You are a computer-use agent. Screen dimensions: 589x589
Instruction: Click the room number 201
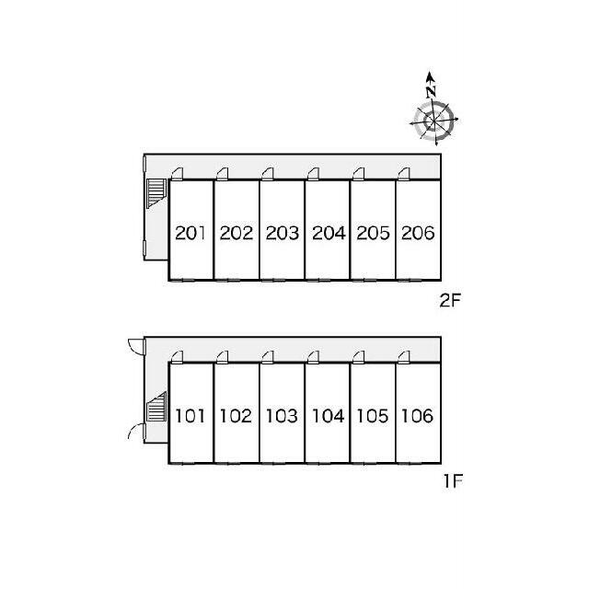coord(190,233)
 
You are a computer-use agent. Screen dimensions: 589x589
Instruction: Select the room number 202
coord(236,233)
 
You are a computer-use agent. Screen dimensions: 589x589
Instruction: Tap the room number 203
coord(282,233)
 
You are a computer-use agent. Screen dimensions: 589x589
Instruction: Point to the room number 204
coord(328,233)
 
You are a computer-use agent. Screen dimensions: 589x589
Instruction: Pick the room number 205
coord(373,233)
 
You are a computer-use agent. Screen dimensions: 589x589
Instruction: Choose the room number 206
coord(418,233)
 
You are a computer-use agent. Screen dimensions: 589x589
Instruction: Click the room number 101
coord(190,416)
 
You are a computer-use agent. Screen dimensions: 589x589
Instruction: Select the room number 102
coord(236,416)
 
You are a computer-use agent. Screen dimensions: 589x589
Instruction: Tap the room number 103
coord(282,416)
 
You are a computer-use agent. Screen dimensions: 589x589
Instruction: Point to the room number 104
coord(328,416)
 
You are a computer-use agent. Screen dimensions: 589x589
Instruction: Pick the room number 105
coord(373,416)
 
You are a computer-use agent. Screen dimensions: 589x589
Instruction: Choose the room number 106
coord(418,416)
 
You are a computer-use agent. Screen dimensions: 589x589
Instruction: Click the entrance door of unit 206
coord(405,173)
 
